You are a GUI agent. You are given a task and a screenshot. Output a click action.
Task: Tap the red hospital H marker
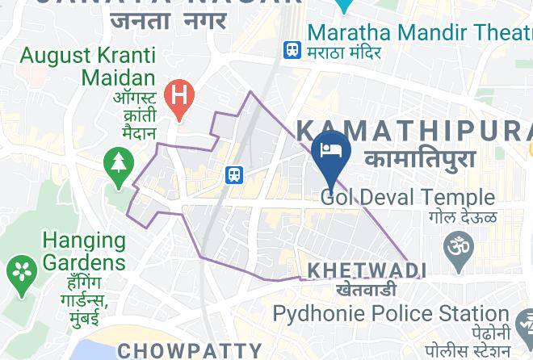click(178, 97)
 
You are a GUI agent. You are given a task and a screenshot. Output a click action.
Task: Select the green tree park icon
click(120, 165)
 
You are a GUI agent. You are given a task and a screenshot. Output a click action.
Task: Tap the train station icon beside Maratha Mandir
click(292, 50)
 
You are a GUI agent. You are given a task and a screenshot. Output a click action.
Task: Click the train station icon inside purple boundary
click(234, 174)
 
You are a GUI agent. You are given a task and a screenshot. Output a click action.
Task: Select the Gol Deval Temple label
click(407, 197)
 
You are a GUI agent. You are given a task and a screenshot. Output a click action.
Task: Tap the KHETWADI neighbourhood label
click(365, 269)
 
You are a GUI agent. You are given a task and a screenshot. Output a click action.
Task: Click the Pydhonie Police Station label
click(390, 313)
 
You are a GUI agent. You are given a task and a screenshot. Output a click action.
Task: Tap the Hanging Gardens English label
click(84, 251)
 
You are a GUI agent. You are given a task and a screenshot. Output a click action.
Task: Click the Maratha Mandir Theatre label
click(419, 33)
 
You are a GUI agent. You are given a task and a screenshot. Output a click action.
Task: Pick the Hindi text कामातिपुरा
click(420, 158)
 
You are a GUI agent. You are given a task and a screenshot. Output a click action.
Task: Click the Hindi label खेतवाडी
click(366, 289)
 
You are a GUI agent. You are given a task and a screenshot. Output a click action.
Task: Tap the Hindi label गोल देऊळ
click(463, 217)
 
